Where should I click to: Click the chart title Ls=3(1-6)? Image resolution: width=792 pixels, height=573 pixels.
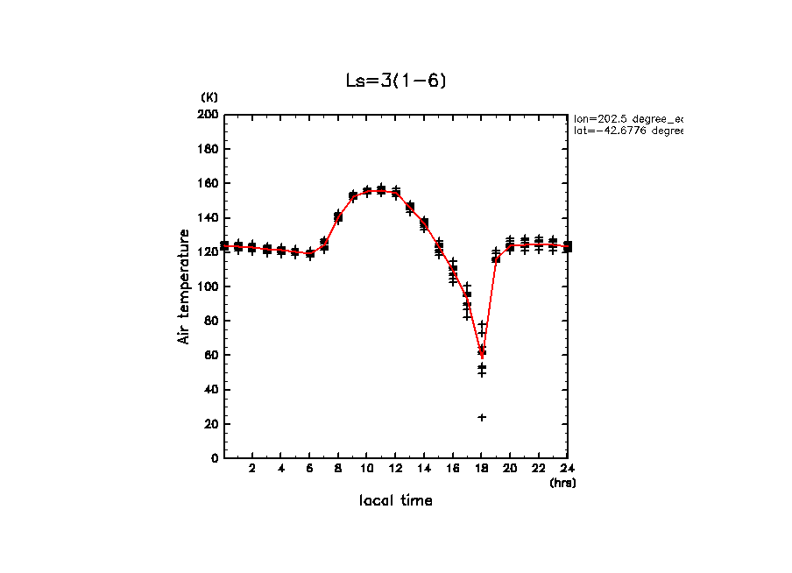396,81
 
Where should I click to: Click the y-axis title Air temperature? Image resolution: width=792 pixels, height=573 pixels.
184,286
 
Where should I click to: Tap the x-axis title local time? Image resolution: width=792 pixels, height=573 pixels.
396,500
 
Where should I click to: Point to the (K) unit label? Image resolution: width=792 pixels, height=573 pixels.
209,96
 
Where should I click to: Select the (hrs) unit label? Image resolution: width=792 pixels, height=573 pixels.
562,482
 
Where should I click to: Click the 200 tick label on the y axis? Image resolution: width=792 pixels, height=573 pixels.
208,115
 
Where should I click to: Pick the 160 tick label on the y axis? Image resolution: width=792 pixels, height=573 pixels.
208,183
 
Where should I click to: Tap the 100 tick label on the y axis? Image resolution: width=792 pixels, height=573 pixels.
208,286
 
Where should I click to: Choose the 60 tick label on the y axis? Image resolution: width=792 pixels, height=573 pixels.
210,355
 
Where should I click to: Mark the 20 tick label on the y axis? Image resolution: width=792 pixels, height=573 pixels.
210,424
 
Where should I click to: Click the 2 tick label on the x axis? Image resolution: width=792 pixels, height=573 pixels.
252,469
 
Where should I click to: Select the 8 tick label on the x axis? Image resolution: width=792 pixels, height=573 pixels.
338,469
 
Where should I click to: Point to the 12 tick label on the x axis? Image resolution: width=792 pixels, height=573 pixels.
396,469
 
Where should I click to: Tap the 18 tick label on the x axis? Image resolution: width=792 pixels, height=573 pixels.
482,469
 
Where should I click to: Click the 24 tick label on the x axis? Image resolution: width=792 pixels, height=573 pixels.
568,469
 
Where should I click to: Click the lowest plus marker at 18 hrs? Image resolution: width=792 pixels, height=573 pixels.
482,417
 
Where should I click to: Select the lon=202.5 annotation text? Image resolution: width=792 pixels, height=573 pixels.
627,117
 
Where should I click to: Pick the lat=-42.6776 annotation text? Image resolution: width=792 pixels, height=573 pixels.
627,131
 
